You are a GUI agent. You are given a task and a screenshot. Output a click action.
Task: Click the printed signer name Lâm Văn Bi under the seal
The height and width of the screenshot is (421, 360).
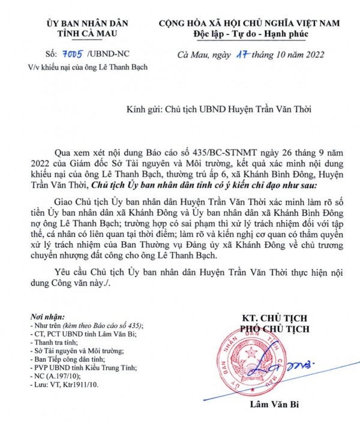(287, 405)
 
